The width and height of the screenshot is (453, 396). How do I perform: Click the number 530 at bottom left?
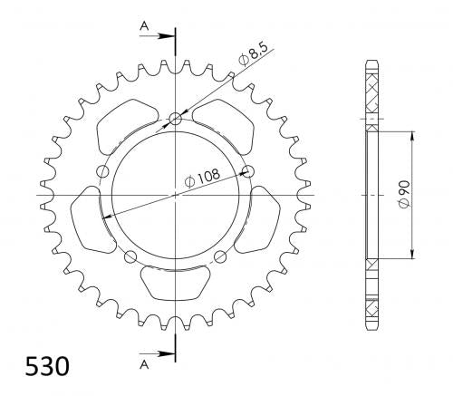click(x=47, y=366)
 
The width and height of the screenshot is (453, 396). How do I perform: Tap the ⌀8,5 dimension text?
click(x=253, y=54)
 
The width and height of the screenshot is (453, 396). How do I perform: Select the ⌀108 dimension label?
click(x=202, y=179)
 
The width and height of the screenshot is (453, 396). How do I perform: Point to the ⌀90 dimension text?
click(x=404, y=195)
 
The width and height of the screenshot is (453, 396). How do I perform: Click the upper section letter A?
click(x=144, y=26)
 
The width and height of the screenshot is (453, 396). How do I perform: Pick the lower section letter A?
click(x=144, y=365)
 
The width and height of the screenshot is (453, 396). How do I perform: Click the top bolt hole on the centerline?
click(x=176, y=119)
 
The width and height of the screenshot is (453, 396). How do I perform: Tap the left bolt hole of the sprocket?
click(x=102, y=171)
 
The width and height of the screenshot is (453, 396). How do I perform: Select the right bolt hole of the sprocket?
click(x=248, y=171)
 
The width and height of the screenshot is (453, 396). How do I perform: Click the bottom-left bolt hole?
click(x=130, y=256)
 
